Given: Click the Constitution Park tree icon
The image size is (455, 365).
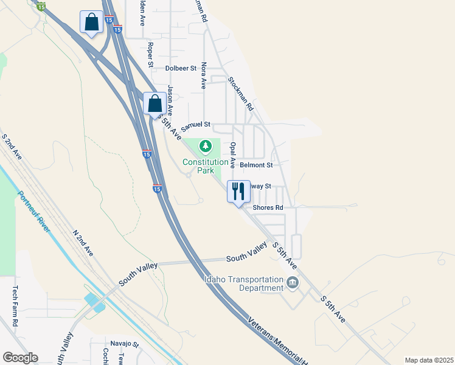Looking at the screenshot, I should (206, 146).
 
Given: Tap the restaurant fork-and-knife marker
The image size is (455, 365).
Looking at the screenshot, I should (238, 191).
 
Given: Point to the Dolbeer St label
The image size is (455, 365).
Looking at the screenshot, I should (181, 69).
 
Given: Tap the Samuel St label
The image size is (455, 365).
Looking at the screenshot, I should (196, 125).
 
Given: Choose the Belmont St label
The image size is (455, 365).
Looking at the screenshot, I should (256, 165).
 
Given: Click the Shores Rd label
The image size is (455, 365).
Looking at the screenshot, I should (268, 207).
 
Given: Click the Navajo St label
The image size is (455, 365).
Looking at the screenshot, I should (125, 344).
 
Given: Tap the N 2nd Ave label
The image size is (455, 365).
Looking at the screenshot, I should (83, 242).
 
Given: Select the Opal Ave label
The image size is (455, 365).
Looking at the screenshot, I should (232, 155).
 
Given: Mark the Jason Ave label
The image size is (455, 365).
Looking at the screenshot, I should (171, 100).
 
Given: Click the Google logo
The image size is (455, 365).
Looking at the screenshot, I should (20, 358).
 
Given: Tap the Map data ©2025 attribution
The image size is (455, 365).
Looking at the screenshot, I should (429, 360).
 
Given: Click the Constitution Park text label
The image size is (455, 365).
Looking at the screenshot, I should (206, 167).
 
